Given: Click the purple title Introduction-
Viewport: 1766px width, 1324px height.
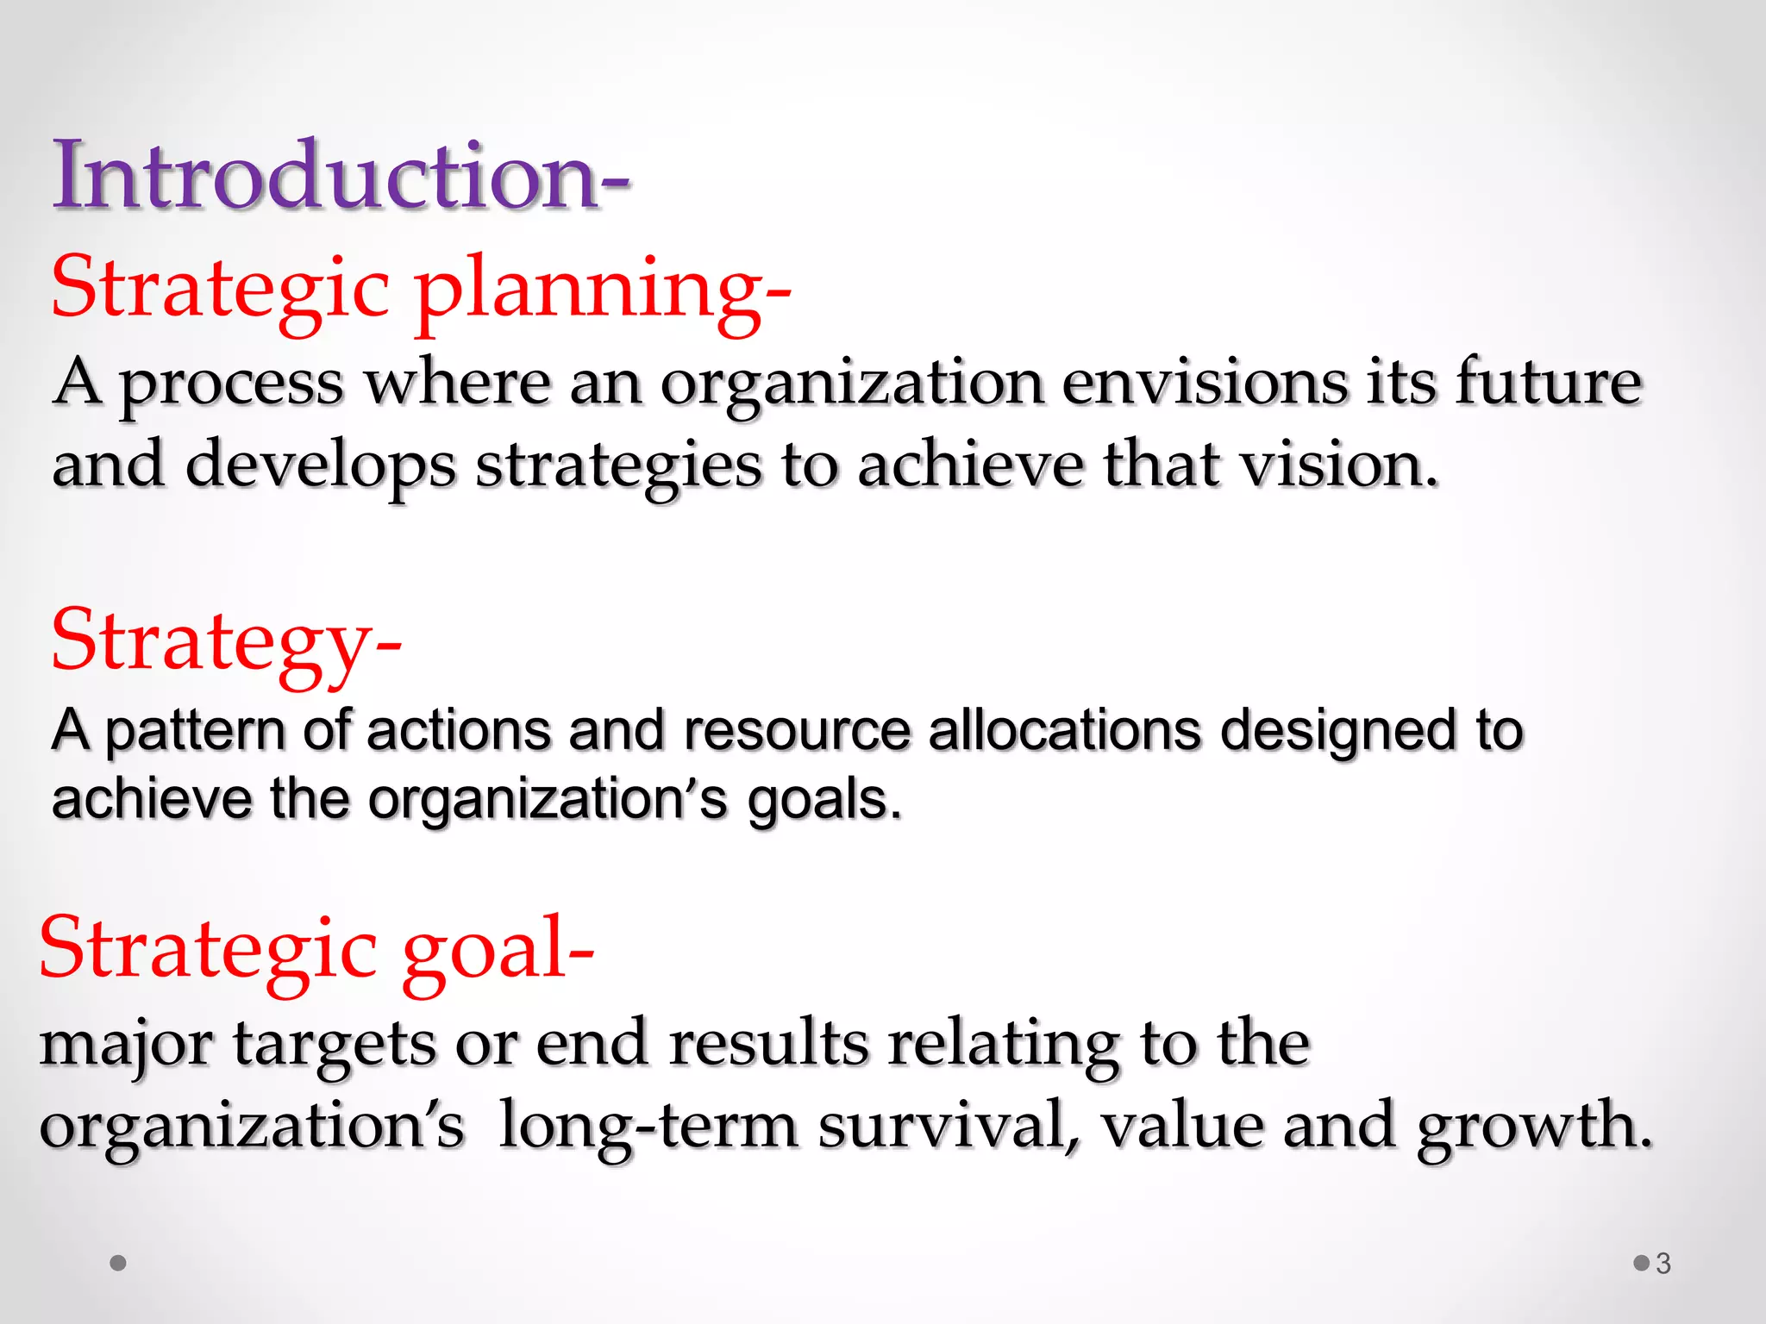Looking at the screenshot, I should [341, 177].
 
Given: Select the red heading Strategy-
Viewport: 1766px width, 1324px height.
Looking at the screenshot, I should [226, 642].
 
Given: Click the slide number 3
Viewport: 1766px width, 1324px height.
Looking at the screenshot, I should [1663, 1264].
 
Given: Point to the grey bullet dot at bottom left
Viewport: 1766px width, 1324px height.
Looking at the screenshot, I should [119, 1263].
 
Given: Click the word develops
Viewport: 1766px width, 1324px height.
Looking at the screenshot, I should [320, 465].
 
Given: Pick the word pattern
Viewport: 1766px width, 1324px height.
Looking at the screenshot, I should [195, 732].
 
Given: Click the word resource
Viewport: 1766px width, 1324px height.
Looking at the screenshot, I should [797, 732].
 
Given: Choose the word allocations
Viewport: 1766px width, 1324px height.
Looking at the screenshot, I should [1064, 732].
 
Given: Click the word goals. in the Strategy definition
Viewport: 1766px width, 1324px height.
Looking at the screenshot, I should [824, 801].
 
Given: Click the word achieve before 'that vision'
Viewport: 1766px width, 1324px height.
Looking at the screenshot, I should [970, 465].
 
